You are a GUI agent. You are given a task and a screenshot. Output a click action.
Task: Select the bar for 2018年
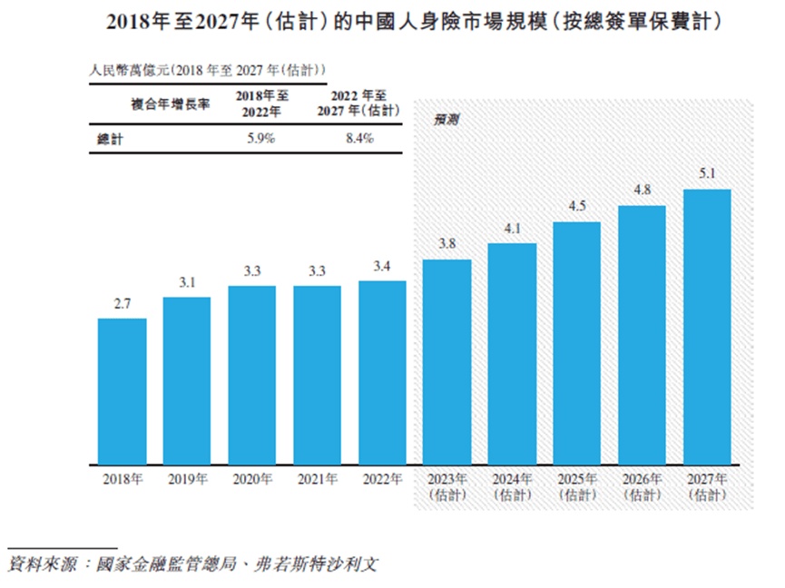point(122,390)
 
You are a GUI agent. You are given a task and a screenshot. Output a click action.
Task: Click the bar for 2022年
point(382,371)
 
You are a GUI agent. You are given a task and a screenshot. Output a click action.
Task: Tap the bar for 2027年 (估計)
point(707,326)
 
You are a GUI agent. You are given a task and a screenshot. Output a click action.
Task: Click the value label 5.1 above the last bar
point(707,173)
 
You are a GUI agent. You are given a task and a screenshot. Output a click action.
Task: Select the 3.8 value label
point(446,244)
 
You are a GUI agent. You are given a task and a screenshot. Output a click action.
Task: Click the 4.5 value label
point(577,206)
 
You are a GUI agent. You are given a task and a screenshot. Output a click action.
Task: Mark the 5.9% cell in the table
point(260,139)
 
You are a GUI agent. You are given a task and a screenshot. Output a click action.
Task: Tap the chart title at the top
point(392,20)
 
